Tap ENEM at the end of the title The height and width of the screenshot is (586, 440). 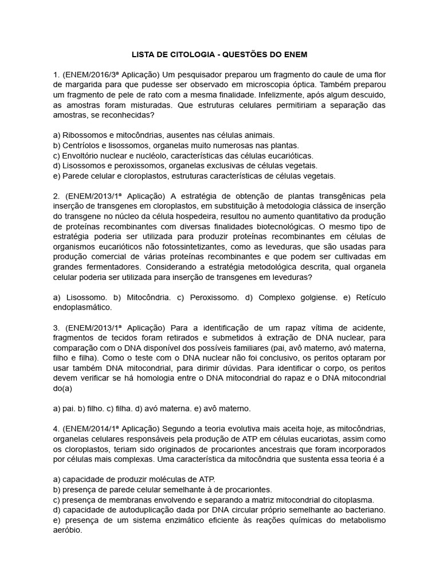(294, 55)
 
